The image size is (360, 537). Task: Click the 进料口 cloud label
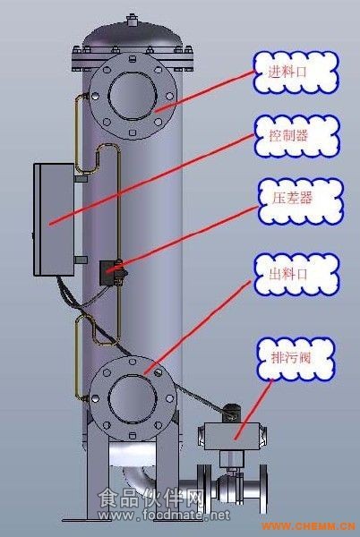pyautogui.click(x=296, y=72)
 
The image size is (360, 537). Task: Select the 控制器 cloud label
pyautogui.click(x=297, y=136)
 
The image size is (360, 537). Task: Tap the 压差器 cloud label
pyautogui.click(x=300, y=201)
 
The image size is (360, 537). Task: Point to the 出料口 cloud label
pyautogui.click(x=296, y=275)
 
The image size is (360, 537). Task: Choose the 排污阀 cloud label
pyautogui.click(x=296, y=359)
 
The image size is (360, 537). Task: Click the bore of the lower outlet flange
pyautogui.click(x=133, y=398)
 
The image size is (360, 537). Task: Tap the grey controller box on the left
pyautogui.click(x=54, y=219)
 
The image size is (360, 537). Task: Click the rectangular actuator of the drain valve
pyautogui.click(x=232, y=436)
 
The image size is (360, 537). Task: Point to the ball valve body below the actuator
pyautogui.click(x=230, y=487)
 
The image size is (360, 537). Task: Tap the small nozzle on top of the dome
pyautogui.click(x=132, y=20)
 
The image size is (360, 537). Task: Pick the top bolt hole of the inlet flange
pyautogui.click(x=133, y=59)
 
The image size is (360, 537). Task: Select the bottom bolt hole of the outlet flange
pyautogui.click(x=133, y=435)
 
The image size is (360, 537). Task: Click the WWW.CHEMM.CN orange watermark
pyautogui.click(x=308, y=525)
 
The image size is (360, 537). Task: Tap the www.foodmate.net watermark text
pyautogui.click(x=164, y=515)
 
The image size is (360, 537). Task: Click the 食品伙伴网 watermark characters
pyautogui.click(x=150, y=498)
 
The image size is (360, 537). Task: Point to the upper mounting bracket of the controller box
pyautogui.click(x=81, y=179)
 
